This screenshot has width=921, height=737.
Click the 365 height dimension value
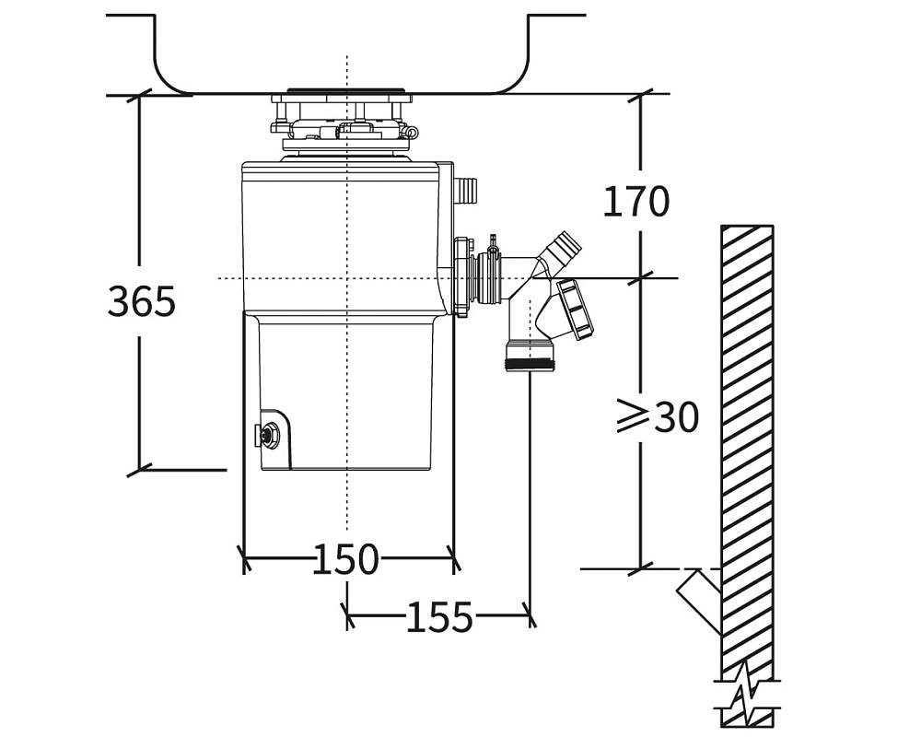(141, 300)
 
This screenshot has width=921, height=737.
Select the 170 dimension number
(635, 201)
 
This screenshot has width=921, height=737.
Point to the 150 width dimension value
(345, 559)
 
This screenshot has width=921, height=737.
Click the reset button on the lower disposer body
(270, 435)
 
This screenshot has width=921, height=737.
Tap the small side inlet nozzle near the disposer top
(466, 192)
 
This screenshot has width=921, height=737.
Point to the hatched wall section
(747, 442)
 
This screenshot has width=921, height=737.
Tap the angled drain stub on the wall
(700, 599)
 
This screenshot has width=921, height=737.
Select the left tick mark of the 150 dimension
(244, 557)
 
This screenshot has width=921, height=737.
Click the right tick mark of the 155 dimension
(530, 615)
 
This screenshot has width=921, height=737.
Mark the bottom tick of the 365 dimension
(139, 470)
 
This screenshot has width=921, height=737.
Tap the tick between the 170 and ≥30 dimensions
(641, 277)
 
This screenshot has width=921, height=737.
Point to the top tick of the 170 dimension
(641, 94)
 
